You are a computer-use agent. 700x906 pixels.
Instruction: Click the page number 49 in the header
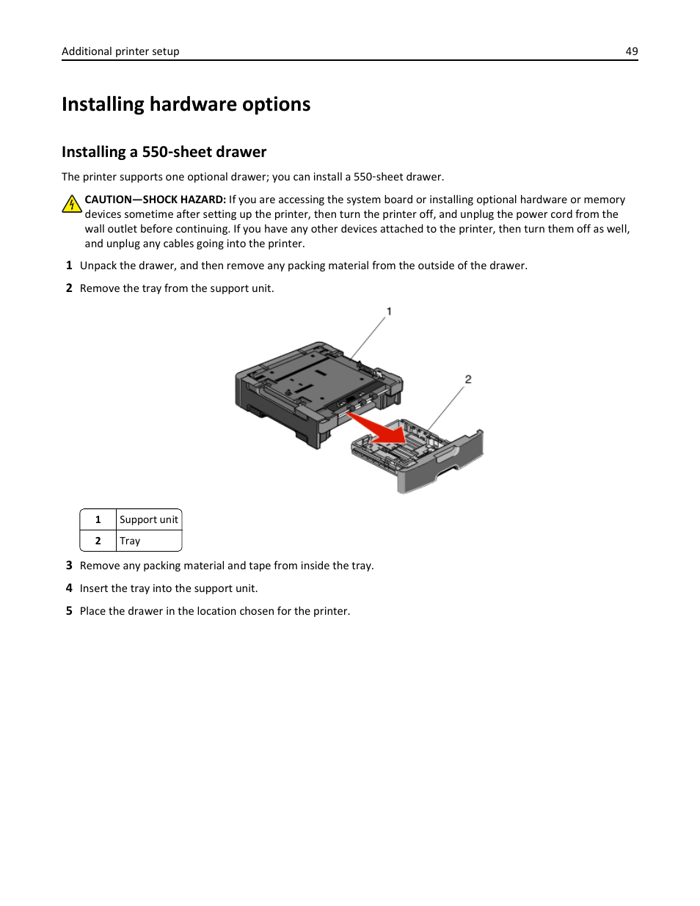coord(631,51)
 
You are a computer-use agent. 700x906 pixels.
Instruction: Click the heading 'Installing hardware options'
coord(186,104)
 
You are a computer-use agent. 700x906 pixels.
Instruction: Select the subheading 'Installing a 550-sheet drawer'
coord(164,152)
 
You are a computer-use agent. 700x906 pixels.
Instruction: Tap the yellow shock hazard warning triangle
coord(71,204)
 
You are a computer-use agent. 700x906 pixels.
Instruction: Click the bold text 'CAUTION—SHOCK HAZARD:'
coord(155,200)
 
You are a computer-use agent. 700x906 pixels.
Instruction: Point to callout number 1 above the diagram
coord(389,312)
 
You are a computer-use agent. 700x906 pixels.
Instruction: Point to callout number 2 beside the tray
coord(468,379)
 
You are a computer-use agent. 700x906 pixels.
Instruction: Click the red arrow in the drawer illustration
coord(376,429)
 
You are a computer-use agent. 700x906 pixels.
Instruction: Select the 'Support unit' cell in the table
coord(148,519)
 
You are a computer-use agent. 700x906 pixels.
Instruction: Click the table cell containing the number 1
coord(98,519)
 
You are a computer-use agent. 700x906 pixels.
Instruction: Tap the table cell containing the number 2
coord(98,541)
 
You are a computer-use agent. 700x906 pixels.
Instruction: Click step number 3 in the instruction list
coord(69,566)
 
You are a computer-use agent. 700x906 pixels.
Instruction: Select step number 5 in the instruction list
coord(69,611)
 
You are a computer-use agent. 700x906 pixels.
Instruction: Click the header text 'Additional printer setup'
coord(120,51)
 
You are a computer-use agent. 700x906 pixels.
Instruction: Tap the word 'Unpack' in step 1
coord(98,266)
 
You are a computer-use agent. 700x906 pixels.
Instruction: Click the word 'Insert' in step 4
coord(94,588)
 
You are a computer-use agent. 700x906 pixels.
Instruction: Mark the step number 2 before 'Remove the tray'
coord(69,288)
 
